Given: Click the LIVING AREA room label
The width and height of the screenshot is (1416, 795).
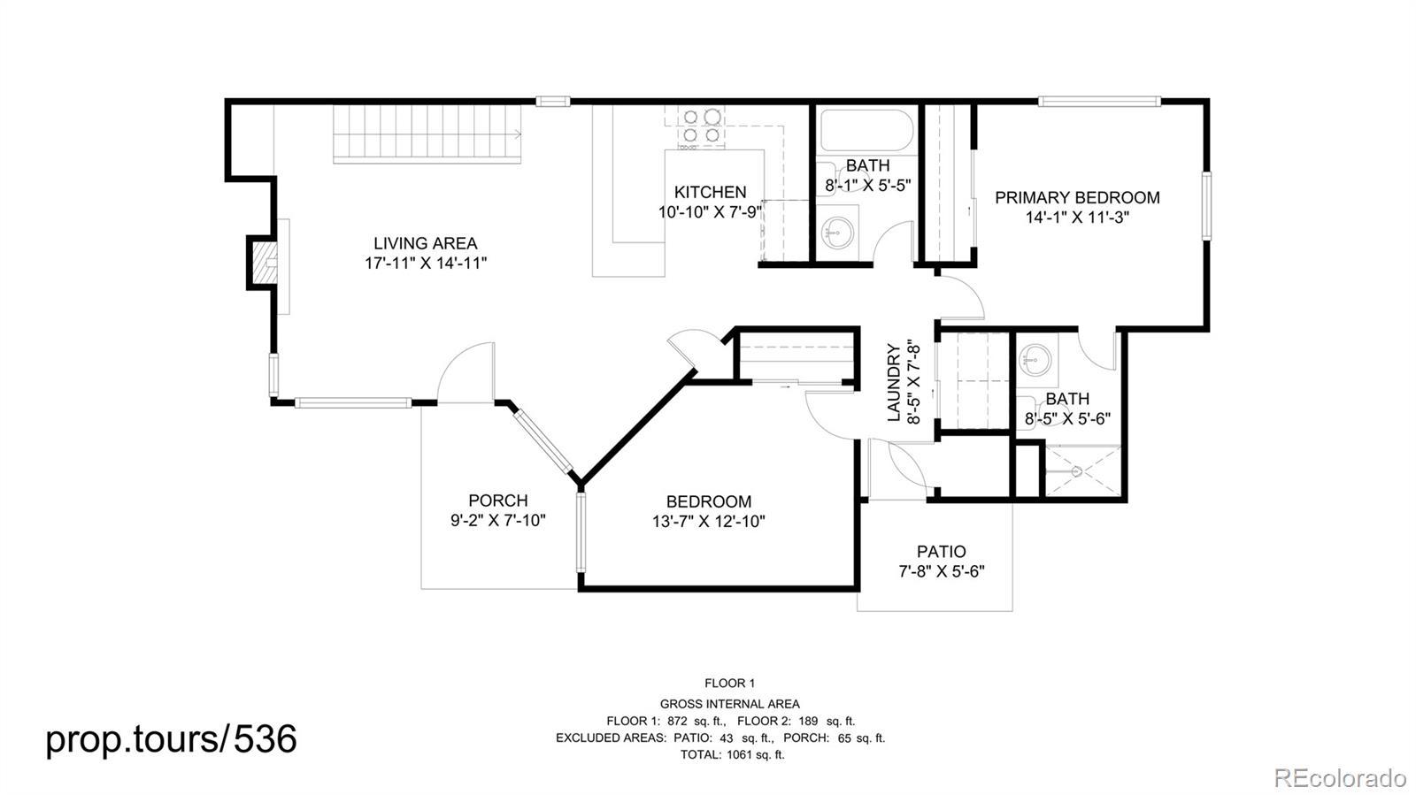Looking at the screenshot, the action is click(x=426, y=243).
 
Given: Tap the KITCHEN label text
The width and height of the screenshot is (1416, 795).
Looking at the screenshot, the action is click(x=710, y=192).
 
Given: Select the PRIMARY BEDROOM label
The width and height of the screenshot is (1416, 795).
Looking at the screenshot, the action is click(x=1077, y=198).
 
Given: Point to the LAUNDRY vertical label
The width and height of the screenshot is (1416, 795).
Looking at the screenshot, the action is click(x=893, y=383).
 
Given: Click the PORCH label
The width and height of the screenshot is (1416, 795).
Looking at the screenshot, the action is click(x=498, y=501).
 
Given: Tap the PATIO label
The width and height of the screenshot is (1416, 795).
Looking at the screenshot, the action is click(x=942, y=552).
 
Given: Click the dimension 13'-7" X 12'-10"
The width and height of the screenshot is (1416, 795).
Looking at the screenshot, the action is click(x=709, y=522).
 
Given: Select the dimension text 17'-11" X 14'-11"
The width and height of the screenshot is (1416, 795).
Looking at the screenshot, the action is click(x=426, y=264).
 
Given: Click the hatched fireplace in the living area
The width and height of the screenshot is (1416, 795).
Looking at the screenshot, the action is click(x=262, y=264).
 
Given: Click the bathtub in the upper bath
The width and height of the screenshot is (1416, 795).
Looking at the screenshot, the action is click(x=866, y=131).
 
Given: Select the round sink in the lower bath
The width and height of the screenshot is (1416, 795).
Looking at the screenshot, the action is click(x=1035, y=361).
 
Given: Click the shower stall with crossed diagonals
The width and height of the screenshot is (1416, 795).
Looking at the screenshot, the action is click(x=1082, y=470).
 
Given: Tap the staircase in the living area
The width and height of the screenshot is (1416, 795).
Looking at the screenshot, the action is click(x=427, y=134).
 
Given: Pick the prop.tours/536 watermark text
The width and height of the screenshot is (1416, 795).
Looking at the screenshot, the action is click(x=171, y=738).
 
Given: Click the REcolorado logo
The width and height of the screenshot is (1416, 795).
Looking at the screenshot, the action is click(x=1340, y=776).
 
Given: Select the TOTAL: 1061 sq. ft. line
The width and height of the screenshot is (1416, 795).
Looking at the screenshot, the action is click(x=732, y=754).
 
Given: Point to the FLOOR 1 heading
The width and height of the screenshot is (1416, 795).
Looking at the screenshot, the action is click(x=729, y=684).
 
